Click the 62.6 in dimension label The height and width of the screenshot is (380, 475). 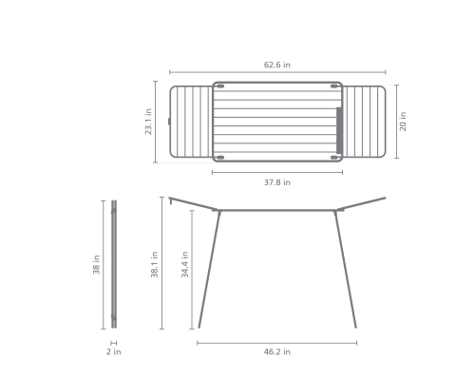[x=277, y=65]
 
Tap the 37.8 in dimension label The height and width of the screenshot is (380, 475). [x=277, y=182]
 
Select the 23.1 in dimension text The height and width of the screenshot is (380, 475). [x=148, y=122]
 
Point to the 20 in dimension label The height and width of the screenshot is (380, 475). [x=403, y=122]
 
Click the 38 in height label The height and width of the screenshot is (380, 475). [x=96, y=265]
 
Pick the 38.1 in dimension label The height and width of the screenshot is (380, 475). [x=154, y=265]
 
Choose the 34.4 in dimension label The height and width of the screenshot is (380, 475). [x=185, y=265]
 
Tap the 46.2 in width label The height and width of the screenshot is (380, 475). [x=277, y=351]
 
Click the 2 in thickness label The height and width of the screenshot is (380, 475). [x=114, y=351]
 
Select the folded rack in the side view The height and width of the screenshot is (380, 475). [x=114, y=264]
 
